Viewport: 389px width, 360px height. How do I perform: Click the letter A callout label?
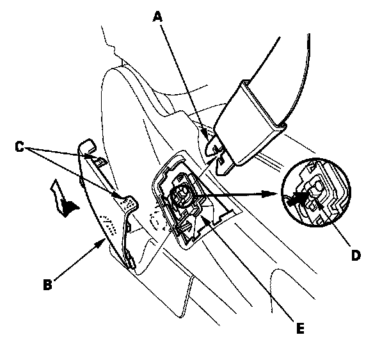pyautogui.click(x=158, y=17)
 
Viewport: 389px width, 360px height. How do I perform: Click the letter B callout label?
pyautogui.click(x=47, y=284)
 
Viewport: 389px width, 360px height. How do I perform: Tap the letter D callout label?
pyautogui.click(x=356, y=255)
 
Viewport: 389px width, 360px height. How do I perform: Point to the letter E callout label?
pyautogui.click(x=301, y=329)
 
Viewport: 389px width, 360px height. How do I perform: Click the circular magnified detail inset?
pyautogui.click(x=316, y=192)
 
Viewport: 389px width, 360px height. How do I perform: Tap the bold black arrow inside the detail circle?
pyautogui.click(x=298, y=197)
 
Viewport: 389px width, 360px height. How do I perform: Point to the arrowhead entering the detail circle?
pyautogui.click(x=271, y=193)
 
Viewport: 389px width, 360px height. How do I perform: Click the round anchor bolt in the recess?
pyautogui.click(x=180, y=193)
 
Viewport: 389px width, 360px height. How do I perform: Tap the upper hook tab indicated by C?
pyautogui.click(x=99, y=161)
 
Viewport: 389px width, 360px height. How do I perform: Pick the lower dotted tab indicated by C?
pyautogui.click(x=129, y=202)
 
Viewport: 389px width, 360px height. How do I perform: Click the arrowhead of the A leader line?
pyautogui.click(x=207, y=134)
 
